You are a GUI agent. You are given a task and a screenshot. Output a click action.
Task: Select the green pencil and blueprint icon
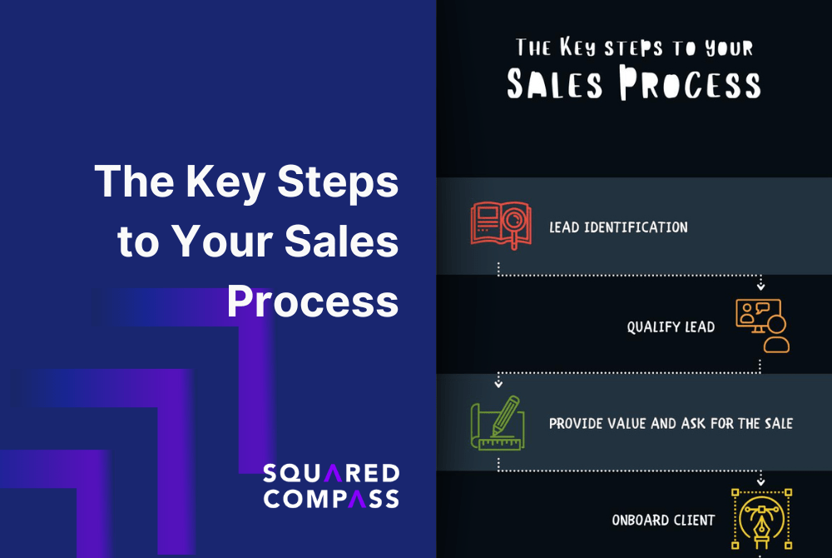coord(498,422)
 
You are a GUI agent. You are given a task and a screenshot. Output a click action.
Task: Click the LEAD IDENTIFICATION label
coord(618,227)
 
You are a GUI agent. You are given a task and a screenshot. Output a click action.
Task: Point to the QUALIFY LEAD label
coord(671,327)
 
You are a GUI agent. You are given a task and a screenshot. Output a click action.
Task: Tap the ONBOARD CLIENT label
coord(663,521)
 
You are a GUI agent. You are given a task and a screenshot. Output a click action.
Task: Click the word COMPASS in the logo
coord(330,499)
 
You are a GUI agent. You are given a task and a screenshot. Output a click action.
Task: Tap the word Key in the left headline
coord(239,181)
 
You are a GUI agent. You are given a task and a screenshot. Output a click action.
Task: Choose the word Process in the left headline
coord(313,301)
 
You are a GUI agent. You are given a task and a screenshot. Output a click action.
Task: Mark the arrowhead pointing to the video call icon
coord(760,286)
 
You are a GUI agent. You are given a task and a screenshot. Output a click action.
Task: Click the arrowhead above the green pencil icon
coord(498,384)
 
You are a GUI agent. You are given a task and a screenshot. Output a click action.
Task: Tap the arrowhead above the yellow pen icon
coord(760,481)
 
